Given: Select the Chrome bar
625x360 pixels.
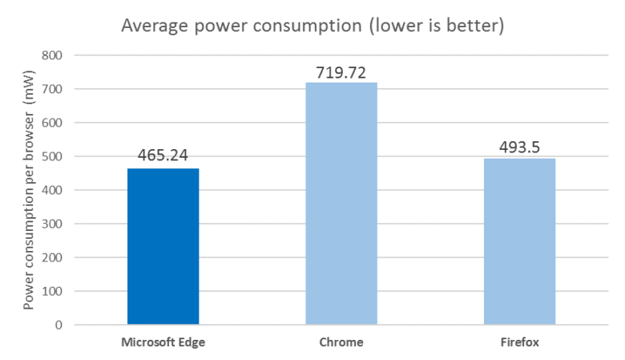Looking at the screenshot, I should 341,204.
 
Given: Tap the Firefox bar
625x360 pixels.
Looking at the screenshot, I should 519,241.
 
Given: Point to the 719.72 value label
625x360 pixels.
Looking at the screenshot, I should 341,72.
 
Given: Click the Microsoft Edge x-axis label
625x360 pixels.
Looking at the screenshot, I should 163,342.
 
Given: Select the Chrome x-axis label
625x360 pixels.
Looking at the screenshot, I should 341,342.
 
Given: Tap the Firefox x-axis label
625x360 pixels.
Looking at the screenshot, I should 519,342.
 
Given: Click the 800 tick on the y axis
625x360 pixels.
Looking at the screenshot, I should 53,56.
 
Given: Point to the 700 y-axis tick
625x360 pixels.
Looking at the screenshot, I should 53,90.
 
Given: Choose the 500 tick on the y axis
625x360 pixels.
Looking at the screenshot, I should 53,157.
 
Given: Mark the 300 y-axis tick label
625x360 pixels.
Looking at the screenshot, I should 53,224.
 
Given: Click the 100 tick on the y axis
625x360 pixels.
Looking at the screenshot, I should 53,292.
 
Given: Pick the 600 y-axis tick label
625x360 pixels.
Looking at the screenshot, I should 53,123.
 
